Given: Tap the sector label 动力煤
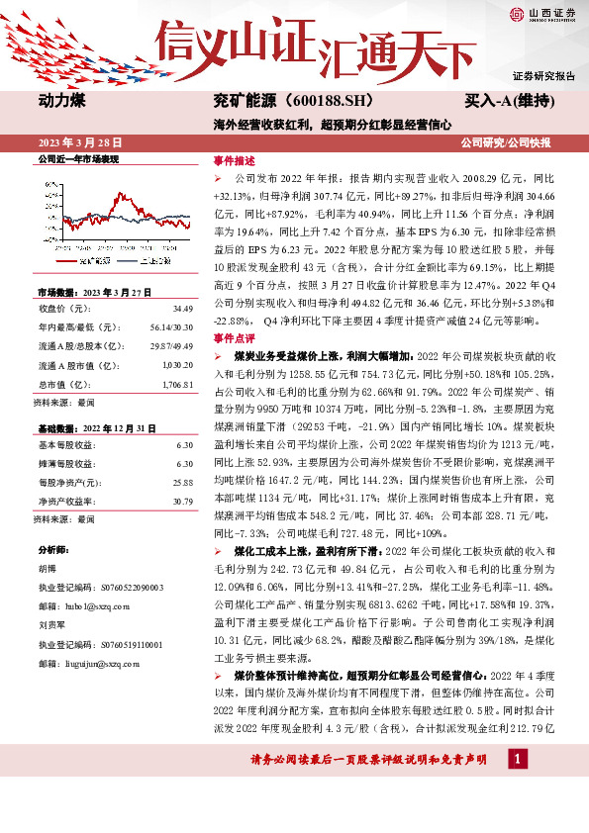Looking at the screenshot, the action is click(x=62, y=101).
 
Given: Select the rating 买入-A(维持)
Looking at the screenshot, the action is click(x=508, y=101).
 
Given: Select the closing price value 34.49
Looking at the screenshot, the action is click(x=182, y=310).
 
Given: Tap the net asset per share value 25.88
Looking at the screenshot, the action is click(x=182, y=482).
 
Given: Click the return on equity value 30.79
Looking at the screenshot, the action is click(x=182, y=501).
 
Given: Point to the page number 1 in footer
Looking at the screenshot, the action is click(x=516, y=787).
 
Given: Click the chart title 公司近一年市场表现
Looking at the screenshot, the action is click(x=78, y=157).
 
